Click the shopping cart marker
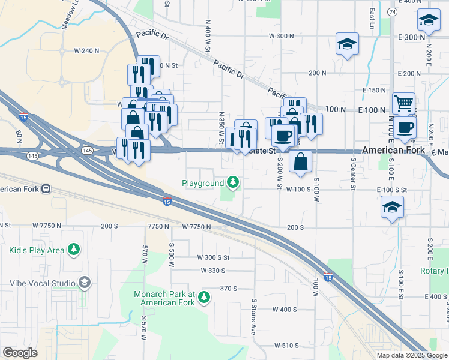(x=403, y=103)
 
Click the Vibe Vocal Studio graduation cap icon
(x=85, y=282)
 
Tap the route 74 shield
(x=391, y=12)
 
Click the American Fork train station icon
(x=45, y=189)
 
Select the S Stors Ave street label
(x=254, y=316)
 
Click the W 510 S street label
(x=286, y=346)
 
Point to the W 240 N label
(x=88, y=50)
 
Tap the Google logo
(x=20, y=353)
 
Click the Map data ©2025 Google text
(x=412, y=355)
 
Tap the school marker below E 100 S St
(x=392, y=208)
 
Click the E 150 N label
(x=374, y=90)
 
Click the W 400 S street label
(x=285, y=310)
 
